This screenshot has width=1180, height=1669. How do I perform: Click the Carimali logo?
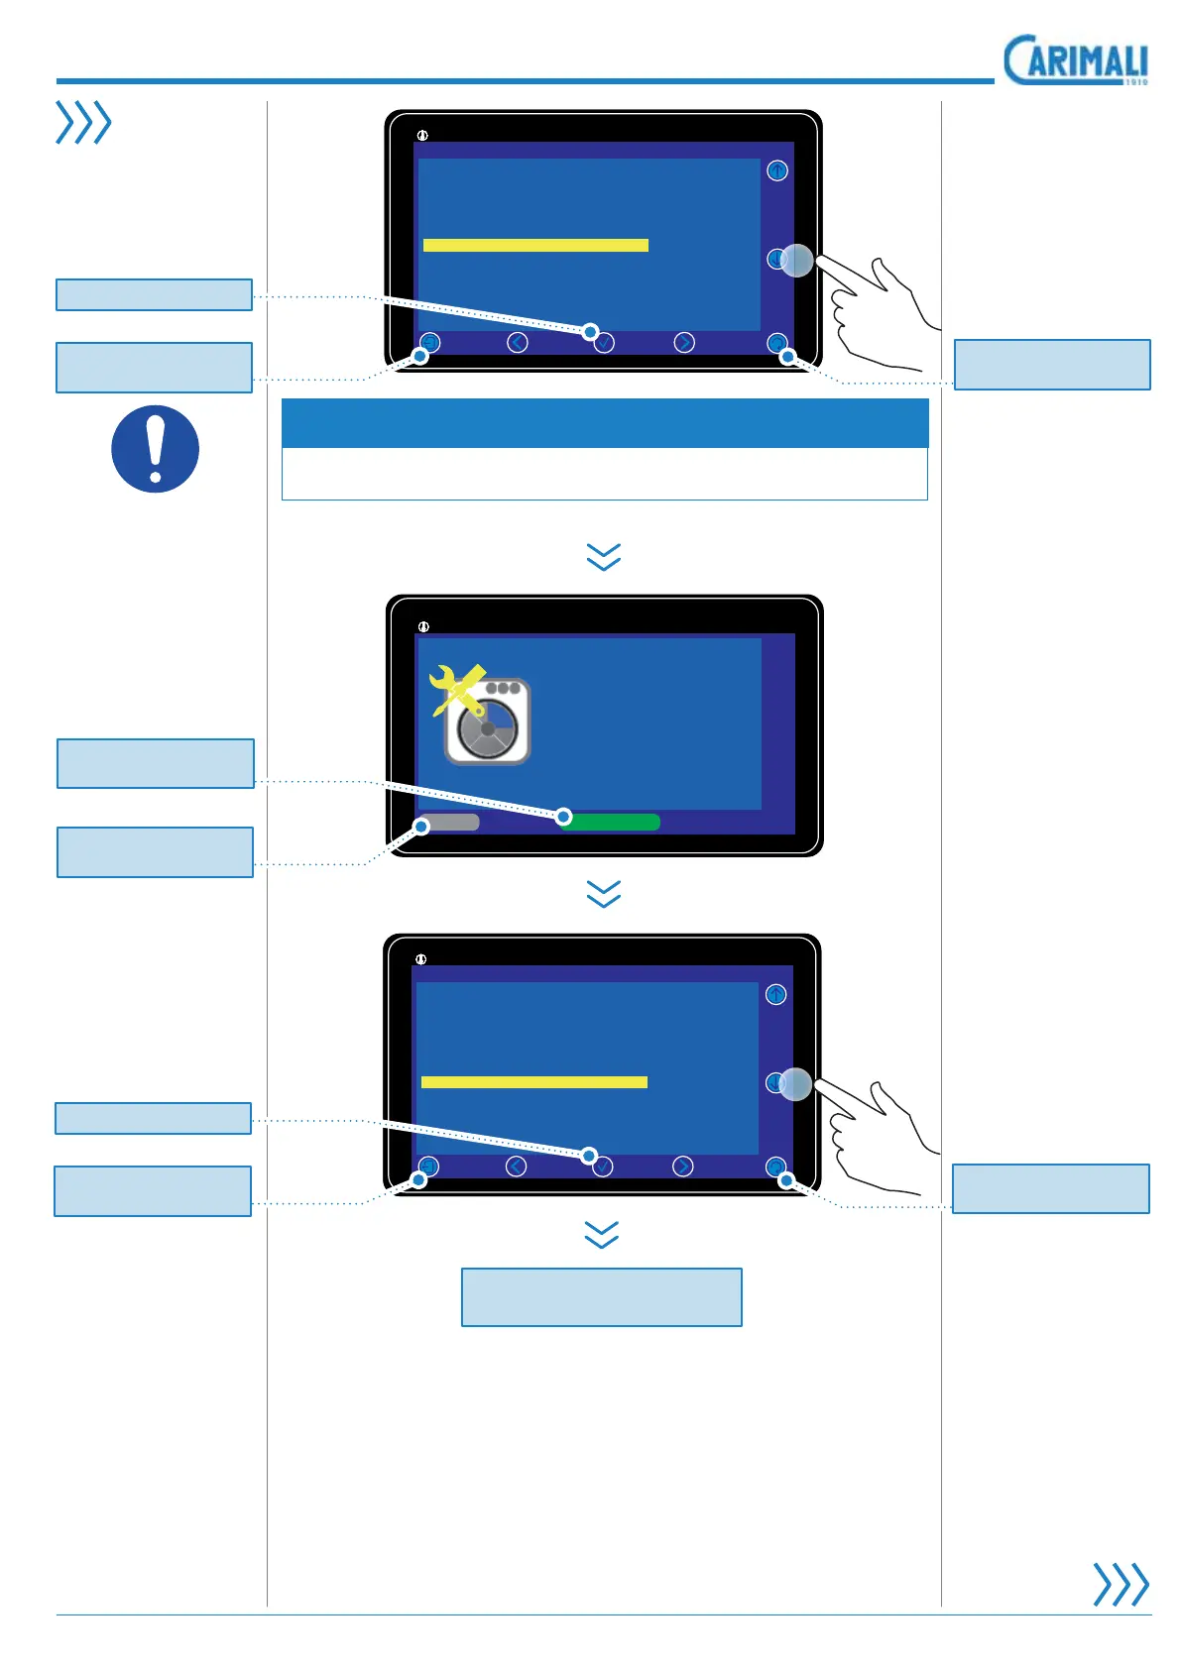(x=1076, y=60)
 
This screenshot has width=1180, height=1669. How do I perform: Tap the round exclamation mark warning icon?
(x=155, y=449)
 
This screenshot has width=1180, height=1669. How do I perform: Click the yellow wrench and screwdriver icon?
(x=456, y=689)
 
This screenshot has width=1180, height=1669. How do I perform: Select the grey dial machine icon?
(x=489, y=723)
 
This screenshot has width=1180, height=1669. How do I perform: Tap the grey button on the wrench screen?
(x=450, y=823)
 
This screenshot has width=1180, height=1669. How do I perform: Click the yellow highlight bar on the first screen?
(x=535, y=245)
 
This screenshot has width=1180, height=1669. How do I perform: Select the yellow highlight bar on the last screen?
(x=533, y=1082)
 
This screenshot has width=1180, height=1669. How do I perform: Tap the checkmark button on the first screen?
(x=604, y=343)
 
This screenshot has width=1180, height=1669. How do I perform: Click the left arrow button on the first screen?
(x=517, y=342)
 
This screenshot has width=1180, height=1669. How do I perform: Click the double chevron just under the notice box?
(x=603, y=556)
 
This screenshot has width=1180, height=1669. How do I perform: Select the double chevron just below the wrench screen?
(x=603, y=893)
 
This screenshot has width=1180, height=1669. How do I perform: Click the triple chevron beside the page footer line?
(x=1120, y=1584)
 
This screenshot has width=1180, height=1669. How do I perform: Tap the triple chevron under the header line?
(x=83, y=123)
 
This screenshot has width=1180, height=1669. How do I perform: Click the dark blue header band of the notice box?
(x=604, y=423)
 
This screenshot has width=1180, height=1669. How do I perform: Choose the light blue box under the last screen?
(x=601, y=1296)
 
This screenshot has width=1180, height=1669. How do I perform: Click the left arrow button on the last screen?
(x=516, y=1167)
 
